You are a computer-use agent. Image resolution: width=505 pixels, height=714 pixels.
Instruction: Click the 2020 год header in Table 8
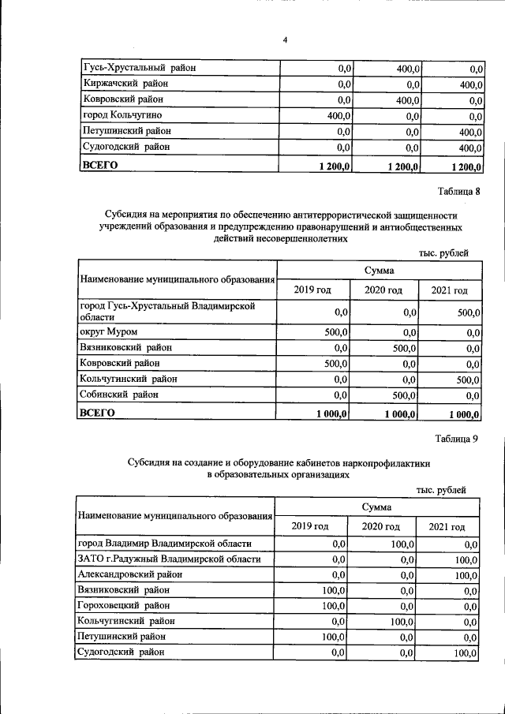[x=383, y=290]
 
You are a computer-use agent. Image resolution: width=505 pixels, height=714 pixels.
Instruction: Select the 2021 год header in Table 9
[x=447, y=527]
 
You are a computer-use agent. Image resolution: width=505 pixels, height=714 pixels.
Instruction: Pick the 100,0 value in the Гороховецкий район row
[x=335, y=606]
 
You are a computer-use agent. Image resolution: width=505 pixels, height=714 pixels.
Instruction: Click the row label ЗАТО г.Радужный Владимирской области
[x=169, y=559]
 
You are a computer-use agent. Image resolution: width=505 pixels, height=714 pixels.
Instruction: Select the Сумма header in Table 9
[x=378, y=506]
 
